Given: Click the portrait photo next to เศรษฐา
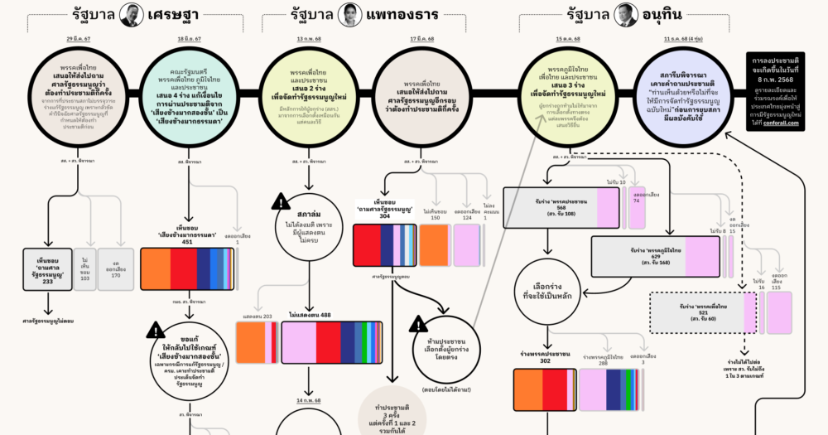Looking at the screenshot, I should (129, 14).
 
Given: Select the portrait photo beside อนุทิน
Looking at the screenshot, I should (624, 14).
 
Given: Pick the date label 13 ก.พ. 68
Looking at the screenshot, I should (309, 40).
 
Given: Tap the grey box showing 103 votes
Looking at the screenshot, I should (84, 269).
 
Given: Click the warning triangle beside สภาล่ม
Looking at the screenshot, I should (281, 201).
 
